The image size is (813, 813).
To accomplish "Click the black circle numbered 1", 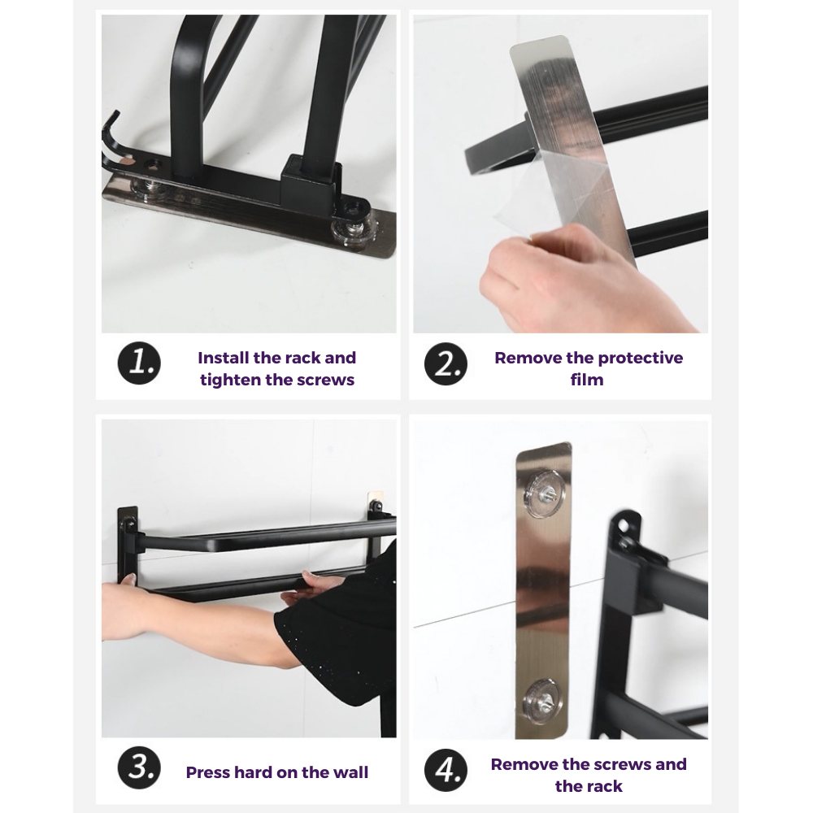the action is click(x=139, y=363).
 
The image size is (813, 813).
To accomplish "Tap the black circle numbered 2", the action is click(x=446, y=364).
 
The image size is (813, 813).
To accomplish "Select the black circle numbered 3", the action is click(x=139, y=768).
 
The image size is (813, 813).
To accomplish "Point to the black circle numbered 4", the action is click(x=446, y=771).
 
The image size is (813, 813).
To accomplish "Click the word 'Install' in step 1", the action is click(x=223, y=358).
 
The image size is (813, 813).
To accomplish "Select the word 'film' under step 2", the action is click(x=587, y=380).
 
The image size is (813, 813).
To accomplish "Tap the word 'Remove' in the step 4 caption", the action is click(x=524, y=764).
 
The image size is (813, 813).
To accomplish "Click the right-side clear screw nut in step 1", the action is click(x=353, y=228).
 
